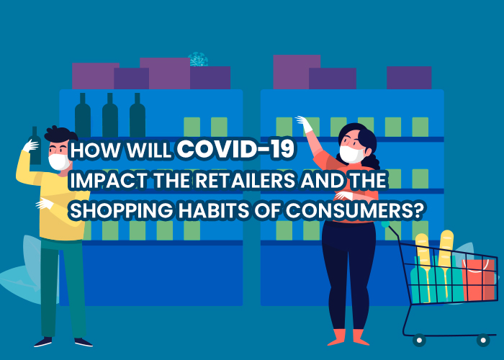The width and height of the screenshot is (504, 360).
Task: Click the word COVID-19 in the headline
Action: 235,149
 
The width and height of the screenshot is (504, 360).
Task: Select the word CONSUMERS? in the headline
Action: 354,211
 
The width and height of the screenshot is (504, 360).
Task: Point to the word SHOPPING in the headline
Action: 121,211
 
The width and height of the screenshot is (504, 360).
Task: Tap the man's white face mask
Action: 59,162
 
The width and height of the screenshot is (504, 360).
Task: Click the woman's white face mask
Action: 351,154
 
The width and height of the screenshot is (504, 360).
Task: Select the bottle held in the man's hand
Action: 35,145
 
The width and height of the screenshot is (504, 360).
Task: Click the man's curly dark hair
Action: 60,135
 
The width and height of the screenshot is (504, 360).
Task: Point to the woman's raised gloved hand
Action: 304,124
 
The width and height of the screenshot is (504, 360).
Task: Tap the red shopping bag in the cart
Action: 478,279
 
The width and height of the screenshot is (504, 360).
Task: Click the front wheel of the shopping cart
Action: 483,340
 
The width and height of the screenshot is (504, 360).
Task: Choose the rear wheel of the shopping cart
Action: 419,340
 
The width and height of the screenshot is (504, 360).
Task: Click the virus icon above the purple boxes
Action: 198,60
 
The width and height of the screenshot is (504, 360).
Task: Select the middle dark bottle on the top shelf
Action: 110,115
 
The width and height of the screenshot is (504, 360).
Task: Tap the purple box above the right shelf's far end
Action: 409,78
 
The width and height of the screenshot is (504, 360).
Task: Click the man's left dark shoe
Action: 42,342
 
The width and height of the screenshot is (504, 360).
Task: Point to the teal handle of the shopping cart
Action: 385,225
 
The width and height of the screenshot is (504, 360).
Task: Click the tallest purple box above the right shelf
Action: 297,72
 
